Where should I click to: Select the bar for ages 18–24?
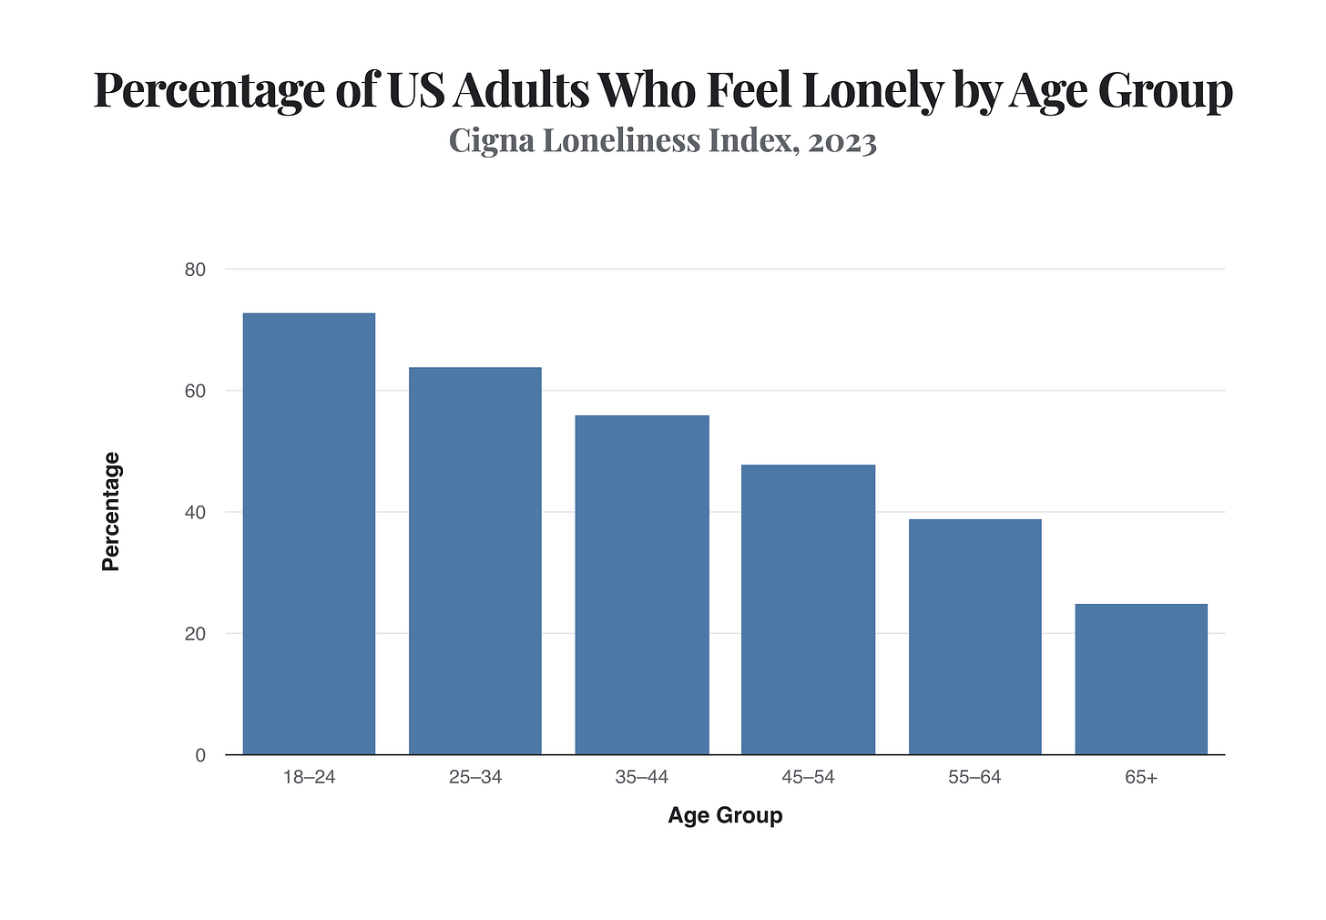pos(309,534)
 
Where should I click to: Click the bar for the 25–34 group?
pos(475,560)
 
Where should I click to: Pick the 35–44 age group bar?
pos(642,585)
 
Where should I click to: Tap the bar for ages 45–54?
pos(809,609)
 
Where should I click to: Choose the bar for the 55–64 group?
pos(975,637)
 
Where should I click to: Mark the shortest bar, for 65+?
pos(1141,679)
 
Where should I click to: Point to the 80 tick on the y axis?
pos(195,270)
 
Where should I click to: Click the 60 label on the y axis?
pos(195,392)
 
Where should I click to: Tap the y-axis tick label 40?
pos(195,513)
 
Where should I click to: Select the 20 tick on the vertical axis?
pos(195,634)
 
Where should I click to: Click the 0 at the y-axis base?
pos(200,755)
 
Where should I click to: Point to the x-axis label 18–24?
pos(309,777)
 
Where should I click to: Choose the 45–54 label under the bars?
pos(809,777)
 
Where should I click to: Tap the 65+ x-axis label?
pos(1141,777)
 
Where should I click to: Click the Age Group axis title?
pos(725,816)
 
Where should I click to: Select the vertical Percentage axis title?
pos(111,512)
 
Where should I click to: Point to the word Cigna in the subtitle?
pos(492,141)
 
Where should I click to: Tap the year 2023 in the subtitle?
pos(842,143)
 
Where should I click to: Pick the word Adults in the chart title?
pos(521,90)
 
